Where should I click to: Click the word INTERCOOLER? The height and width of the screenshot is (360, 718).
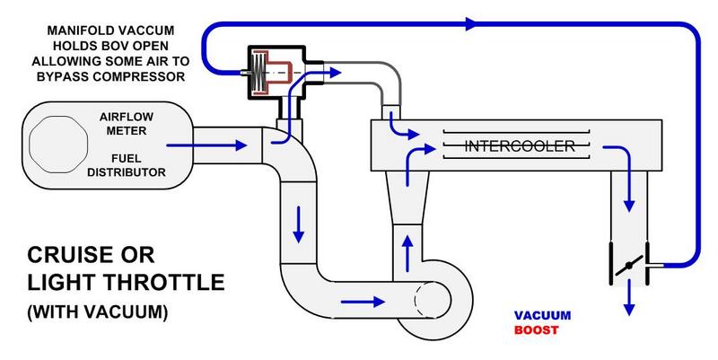[514, 145]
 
